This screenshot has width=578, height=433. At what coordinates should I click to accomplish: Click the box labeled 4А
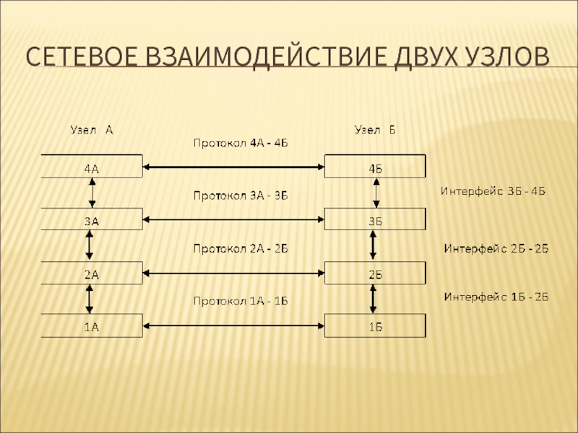click(x=92, y=167)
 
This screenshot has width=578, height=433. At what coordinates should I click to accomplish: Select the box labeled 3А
click(x=92, y=220)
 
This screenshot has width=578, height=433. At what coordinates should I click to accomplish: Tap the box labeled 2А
click(x=92, y=274)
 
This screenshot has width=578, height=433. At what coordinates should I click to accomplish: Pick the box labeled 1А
click(x=92, y=327)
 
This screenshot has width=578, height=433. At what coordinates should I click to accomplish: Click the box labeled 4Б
click(x=376, y=167)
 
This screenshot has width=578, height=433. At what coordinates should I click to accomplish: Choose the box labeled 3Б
click(x=376, y=220)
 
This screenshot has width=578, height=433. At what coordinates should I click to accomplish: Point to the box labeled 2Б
click(x=376, y=274)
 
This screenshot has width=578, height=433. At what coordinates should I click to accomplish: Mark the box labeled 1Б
click(x=376, y=327)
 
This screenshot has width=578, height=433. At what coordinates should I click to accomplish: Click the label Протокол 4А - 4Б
click(x=241, y=143)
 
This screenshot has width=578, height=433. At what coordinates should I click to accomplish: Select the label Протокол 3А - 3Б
click(x=241, y=195)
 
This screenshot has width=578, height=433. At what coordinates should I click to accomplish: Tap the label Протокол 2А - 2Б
click(x=241, y=248)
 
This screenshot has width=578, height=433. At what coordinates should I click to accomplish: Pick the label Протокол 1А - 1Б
click(x=241, y=300)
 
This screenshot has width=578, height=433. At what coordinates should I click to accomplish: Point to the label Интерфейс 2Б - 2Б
click(x=496, y=248)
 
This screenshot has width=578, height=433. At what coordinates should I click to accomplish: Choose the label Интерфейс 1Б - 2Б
click(x=496, y=296)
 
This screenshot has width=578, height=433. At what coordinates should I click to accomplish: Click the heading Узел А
click(x=91, y=131)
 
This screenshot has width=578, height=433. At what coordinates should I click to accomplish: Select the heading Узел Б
click(x=374, y=131)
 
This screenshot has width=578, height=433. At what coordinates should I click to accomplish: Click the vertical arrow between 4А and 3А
click(x=92, y=193)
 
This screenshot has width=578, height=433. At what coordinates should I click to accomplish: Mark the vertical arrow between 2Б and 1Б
click(x=374, y=299)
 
